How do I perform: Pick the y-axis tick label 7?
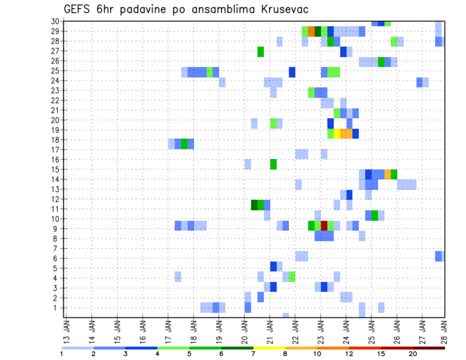(x=57, y=248)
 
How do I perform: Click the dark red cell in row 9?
(x=324, y=226)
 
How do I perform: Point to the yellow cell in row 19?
(x=337, y=133)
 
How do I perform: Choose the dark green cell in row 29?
(x=318, y=32)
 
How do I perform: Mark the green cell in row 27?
(x=261, y=51)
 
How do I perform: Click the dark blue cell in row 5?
(x=273, y=266)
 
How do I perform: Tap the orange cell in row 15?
(x=387, y=174)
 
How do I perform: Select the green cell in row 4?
(x=292, y=277)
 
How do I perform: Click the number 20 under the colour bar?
(x=413, y=353)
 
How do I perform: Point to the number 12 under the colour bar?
(x=349, y=353)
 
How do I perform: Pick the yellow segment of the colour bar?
(x=269, y=348)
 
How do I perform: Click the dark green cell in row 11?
(x=254, y=205)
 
